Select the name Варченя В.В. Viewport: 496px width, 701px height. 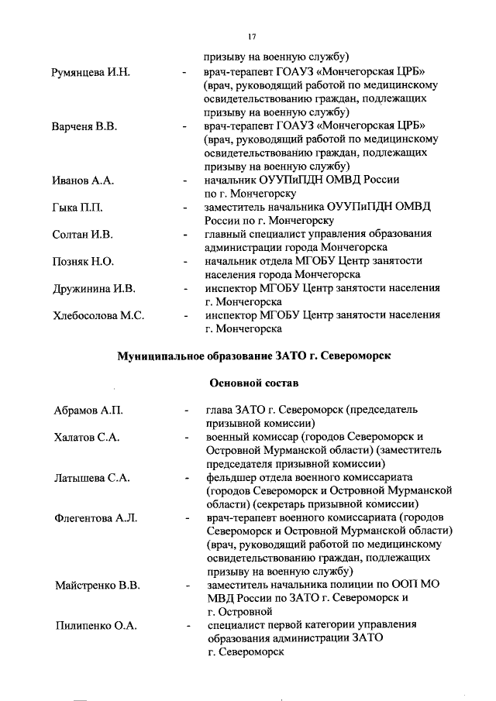(84, 127)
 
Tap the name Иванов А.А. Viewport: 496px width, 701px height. (83, 180)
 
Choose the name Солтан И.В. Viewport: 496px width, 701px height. (82, 234)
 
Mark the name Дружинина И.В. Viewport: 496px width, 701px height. (93, 288)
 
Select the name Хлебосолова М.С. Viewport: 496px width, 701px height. (98, 315)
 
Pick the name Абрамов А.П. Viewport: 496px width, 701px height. (88, 410)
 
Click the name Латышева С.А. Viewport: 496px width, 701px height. (90, 477)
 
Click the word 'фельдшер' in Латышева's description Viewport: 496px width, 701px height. (231, 477)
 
